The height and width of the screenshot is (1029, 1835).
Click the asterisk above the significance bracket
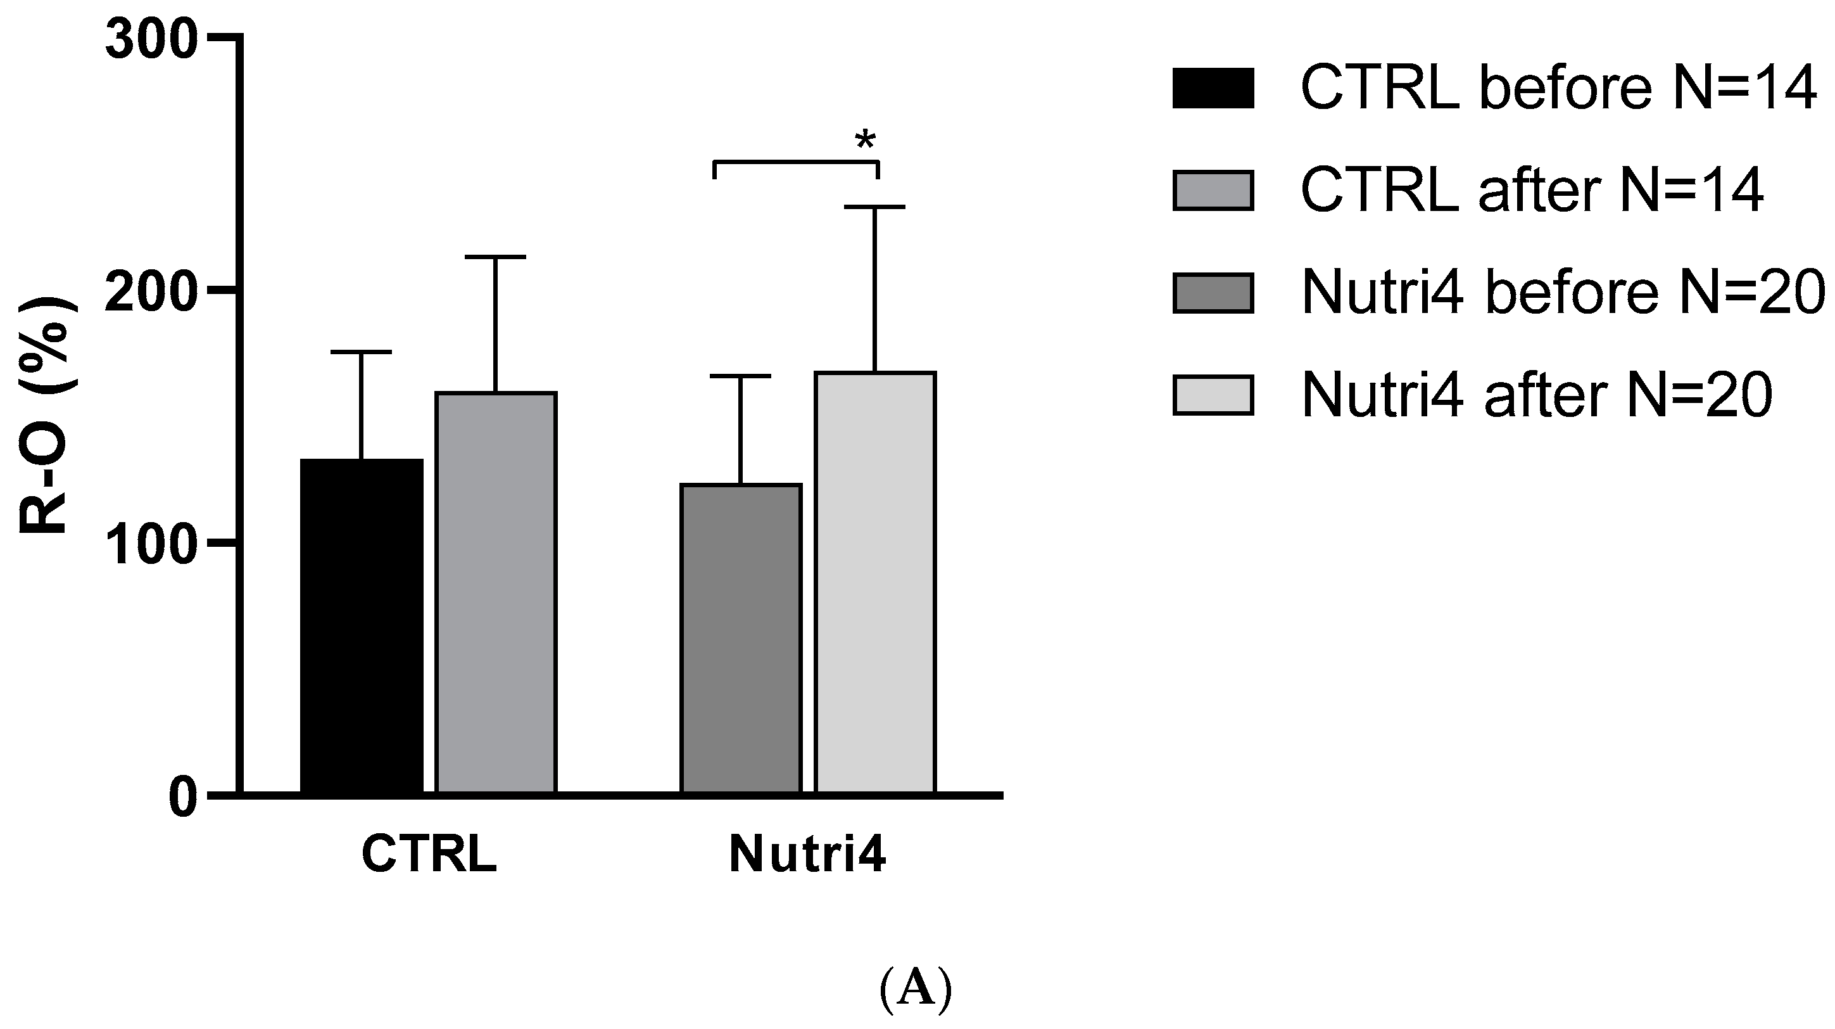coord(865,139)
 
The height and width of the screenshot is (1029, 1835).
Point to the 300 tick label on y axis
coord(151,40)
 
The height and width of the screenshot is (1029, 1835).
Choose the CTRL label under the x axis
coord(429,853)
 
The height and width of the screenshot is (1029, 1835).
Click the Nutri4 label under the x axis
coord(808,853)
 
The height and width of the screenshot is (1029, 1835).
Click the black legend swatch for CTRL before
coord(1213,88)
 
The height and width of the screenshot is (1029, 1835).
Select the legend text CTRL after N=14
coord(1532,190)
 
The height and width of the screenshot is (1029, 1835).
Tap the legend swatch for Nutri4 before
coord(1213,293)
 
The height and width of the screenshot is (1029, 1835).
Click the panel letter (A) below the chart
coord(916,990)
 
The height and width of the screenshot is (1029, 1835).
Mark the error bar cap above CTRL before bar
coord(362,352)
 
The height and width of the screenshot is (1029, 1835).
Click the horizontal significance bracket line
coord(797,162)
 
